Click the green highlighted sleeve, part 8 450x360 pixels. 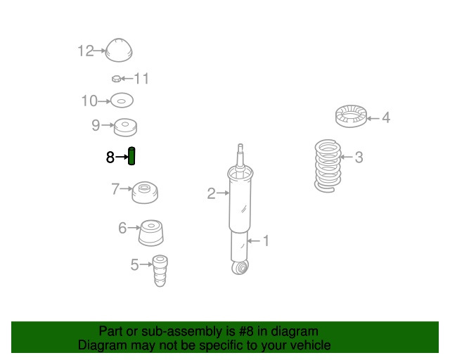131,156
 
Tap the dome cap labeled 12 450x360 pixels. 119,50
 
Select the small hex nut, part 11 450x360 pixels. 116,78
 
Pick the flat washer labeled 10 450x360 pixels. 122,101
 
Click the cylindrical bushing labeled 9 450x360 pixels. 125,127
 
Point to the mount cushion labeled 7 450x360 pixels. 145,193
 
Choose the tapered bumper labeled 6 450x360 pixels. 151,233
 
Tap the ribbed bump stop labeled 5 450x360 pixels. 160,271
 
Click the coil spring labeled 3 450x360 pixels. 328,166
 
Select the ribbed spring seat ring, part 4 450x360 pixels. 352,116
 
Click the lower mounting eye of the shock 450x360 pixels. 240,268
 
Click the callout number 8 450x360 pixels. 110,157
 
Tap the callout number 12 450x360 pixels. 86,51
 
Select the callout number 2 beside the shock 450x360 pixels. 211,193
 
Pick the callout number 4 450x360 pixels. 386,117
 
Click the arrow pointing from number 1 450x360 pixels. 254,240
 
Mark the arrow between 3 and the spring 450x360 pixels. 346,157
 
